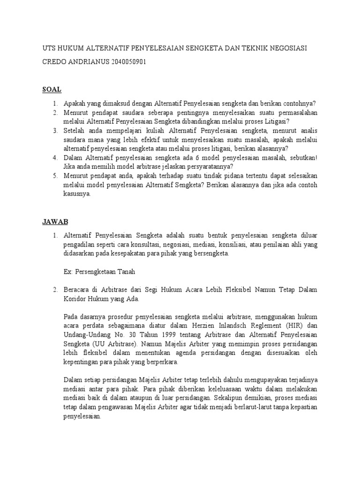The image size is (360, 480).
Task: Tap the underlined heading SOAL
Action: pyautogui.click(x=52, y=90)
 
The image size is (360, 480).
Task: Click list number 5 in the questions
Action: pyautogui.click(x=55, y=175)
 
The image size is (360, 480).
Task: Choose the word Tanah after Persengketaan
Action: pyautogui.click(x=125, y=271)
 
